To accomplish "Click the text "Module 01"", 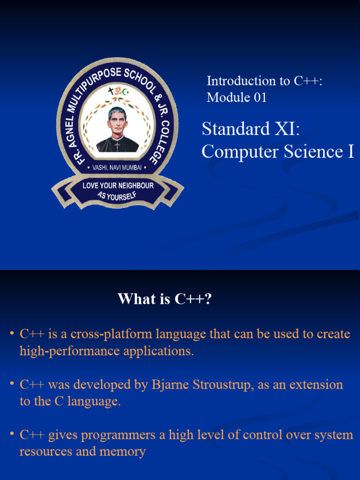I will coord(237,97).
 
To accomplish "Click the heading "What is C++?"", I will coord(165,299).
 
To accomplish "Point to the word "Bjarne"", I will coord(170,385).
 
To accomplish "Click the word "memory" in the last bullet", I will coord(122,451).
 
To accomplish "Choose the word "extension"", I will coord(316,385).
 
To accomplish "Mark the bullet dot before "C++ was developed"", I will coord(12,384).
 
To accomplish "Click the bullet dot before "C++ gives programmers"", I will coord(12,435).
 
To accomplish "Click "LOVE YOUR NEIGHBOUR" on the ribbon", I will coord(118,186).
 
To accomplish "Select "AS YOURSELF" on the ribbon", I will coord(117,195).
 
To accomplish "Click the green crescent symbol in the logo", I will coord(125,92).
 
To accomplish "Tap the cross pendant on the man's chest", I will coord(117,146).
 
